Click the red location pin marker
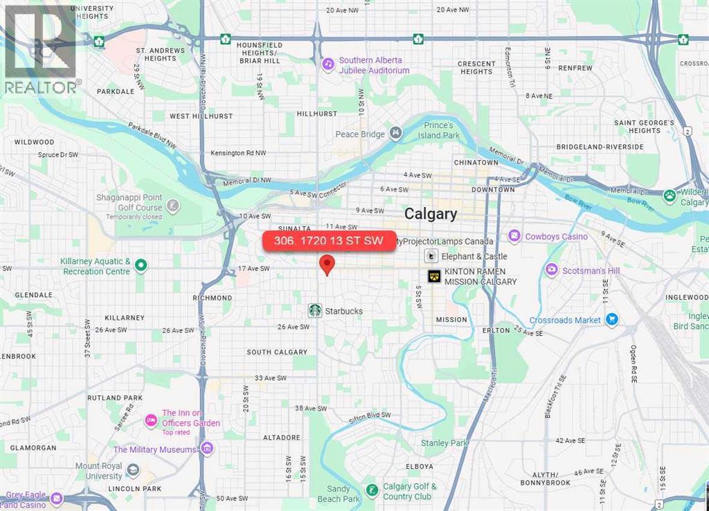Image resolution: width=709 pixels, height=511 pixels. (327, 265)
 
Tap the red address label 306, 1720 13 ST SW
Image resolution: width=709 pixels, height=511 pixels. (329, 241)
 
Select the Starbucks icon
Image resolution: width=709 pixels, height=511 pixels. (315, 310)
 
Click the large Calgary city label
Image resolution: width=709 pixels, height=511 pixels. (431, 214)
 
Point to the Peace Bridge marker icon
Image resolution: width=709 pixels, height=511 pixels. (395, 134)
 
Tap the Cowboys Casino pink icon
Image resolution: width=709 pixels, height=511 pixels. (514, 237)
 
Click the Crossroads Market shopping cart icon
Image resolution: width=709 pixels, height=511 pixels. (611, 320)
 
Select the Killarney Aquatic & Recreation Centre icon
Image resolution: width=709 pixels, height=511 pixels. (141, 266)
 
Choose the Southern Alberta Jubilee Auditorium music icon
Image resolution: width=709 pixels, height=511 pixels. (328, 64)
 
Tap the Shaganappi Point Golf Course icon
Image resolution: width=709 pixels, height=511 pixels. (172, 205)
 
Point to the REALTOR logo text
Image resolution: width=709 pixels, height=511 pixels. (42, 87)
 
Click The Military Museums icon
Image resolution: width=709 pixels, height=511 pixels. (206, 449)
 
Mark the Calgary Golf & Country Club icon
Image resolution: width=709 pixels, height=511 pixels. (372, 491)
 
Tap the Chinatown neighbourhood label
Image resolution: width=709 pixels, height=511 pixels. (476, 162)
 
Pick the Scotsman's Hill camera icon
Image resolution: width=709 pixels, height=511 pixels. (551, 270)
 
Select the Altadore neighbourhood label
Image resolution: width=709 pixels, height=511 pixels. (282, 438)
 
